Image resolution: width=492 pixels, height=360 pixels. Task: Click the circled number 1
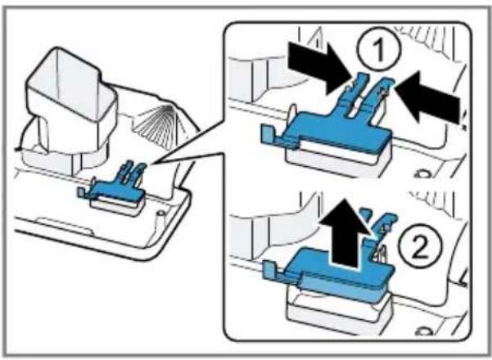point(379,49)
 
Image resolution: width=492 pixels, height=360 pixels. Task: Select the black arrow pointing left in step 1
point(429,97)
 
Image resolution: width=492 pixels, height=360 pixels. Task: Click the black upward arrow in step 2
point(345,235)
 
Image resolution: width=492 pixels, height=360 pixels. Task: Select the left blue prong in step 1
point(352,94)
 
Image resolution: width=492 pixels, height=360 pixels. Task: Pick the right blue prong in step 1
point(378,97)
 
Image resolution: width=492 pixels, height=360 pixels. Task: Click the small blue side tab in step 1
point(268,135)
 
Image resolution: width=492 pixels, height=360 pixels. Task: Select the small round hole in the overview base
point(160,214)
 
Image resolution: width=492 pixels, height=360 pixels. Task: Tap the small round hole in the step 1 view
point(423,173)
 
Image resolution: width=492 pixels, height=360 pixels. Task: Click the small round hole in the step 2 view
point(423,331)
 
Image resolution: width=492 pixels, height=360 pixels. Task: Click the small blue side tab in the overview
point(81,192)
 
